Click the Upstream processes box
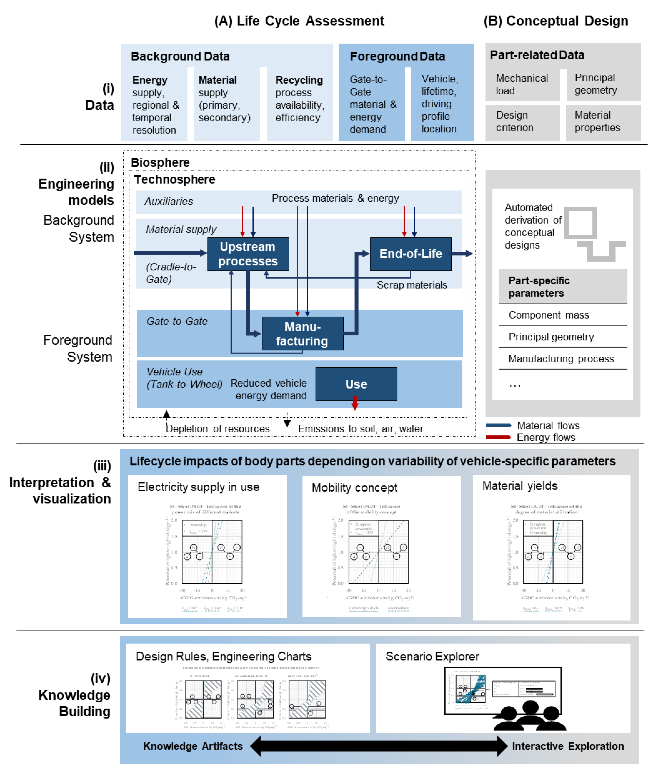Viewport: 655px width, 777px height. click(x=248, y=254)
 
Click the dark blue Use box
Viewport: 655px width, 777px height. click(x=356, y=384)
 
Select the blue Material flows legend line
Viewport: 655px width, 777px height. click(x=498, y=425)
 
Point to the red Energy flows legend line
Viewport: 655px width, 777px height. click(x=498, y=437)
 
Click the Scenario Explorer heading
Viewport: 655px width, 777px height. click(x=432, y=656)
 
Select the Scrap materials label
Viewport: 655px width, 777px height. click(x=412, y=285)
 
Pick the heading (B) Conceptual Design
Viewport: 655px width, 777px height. click(x=555, y=21)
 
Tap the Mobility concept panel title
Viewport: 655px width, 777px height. click(x=354, y=488)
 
